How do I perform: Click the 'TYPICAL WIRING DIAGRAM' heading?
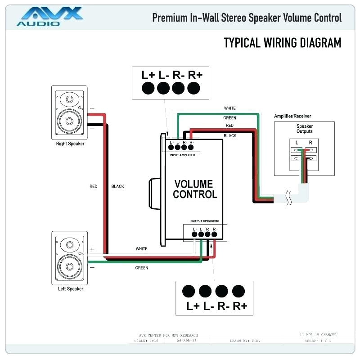click(282, 43)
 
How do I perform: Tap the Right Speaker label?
click(70, 144)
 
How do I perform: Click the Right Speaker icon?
click(69, 114)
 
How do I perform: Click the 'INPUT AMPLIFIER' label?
click(182, 155)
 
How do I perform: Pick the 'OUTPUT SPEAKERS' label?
click(205, 221)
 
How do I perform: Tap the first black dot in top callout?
click(148, 89)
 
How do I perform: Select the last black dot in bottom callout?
click(238, 291)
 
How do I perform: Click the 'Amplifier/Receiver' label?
click(292, 116)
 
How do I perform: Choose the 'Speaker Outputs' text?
click(304, 129)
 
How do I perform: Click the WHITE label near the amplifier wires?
click(230, 108)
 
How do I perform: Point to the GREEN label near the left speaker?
click(142, 268)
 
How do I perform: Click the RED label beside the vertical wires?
click(93, 186)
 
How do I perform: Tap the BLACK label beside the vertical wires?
click(117, 186)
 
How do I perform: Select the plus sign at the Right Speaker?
click(92, 108)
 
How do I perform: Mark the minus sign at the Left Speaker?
click(92, 267)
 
